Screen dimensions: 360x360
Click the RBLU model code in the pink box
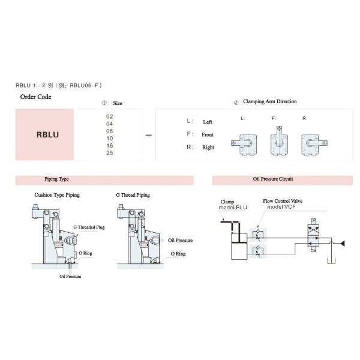47,134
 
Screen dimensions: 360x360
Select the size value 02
109,116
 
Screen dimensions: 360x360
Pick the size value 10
109,138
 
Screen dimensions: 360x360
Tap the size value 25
109,152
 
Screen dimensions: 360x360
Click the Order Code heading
36,97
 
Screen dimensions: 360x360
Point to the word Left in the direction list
208,122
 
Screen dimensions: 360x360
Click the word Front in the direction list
208,134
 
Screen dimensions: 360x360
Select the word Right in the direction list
208,148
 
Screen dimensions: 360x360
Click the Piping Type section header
56,179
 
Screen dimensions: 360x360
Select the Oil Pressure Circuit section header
273,179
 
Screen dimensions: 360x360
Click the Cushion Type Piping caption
57,195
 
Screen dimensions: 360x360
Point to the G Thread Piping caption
133,195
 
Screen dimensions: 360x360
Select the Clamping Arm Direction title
269,101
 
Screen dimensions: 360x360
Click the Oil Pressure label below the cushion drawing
70,276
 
